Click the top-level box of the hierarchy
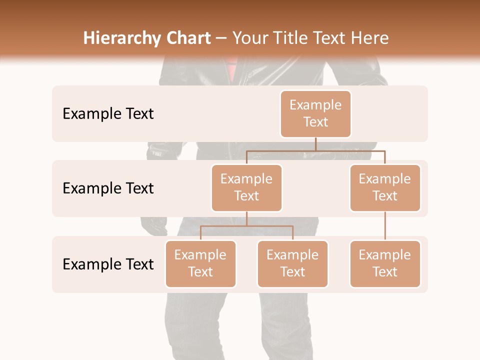315,113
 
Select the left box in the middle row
246,187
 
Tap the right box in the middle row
385,187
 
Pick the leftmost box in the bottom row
200,263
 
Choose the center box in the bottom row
292,263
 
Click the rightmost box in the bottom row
385,263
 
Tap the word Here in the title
370,38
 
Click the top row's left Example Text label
108,113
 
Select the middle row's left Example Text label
108,188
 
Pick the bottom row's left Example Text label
108,264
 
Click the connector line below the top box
315,144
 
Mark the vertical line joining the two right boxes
385,226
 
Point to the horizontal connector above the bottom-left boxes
246,226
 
